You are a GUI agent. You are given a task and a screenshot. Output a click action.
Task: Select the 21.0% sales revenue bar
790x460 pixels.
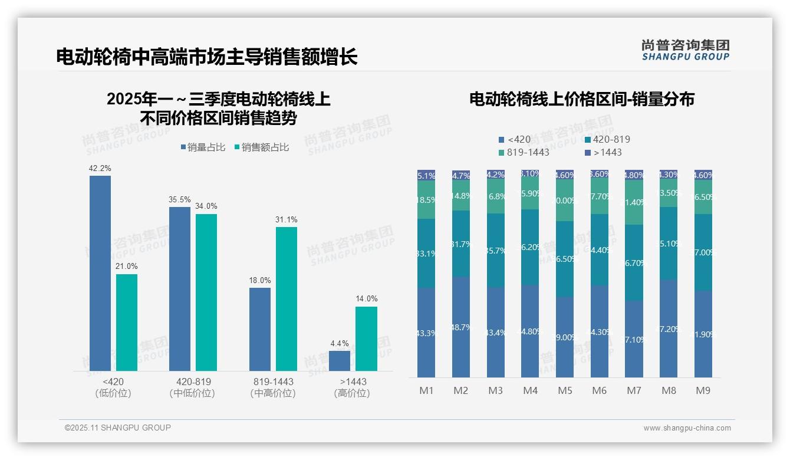click(x=127, y=323)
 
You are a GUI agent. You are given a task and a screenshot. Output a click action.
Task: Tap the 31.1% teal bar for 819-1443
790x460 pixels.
click(x=287, y=299)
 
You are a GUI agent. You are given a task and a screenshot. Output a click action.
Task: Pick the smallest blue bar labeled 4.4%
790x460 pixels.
click(x=340, y=361)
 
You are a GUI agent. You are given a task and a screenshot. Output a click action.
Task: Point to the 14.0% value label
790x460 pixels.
click(x=366, y=299)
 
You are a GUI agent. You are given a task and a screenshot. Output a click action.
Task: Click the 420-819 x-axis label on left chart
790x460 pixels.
click(x=193, y=382)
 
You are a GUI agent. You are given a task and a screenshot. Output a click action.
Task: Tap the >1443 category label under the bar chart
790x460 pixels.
click(x=353, y=382)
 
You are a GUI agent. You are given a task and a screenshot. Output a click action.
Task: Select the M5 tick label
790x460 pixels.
click(x=565, y=390)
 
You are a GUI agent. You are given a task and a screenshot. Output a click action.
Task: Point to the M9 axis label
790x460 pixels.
click(x=703, y=390)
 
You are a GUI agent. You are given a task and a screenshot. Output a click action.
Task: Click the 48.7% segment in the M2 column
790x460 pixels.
click(x=461, y=327)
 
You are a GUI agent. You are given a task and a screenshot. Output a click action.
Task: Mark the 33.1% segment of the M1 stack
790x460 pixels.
click(x=426, y=254)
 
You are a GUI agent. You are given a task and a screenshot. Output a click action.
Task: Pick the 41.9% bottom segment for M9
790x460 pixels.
click(x=703, y=334)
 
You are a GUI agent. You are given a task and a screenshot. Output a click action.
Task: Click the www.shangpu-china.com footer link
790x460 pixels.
click(x=687, y=428)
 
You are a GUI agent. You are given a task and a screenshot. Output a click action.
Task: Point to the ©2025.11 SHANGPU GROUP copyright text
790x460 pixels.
click(x=118, y=428)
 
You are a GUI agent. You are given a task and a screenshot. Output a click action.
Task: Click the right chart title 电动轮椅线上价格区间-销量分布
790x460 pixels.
click(x=581, y=99)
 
